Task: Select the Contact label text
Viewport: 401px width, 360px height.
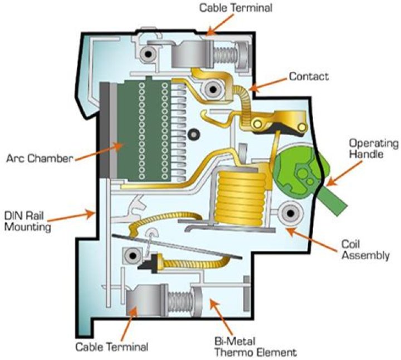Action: [x=308, y=76]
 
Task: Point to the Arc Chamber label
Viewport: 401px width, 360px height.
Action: [x=40, y=159]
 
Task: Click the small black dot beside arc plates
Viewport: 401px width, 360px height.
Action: [x=194, y=133]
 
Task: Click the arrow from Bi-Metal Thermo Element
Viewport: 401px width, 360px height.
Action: [x=218, y=317]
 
